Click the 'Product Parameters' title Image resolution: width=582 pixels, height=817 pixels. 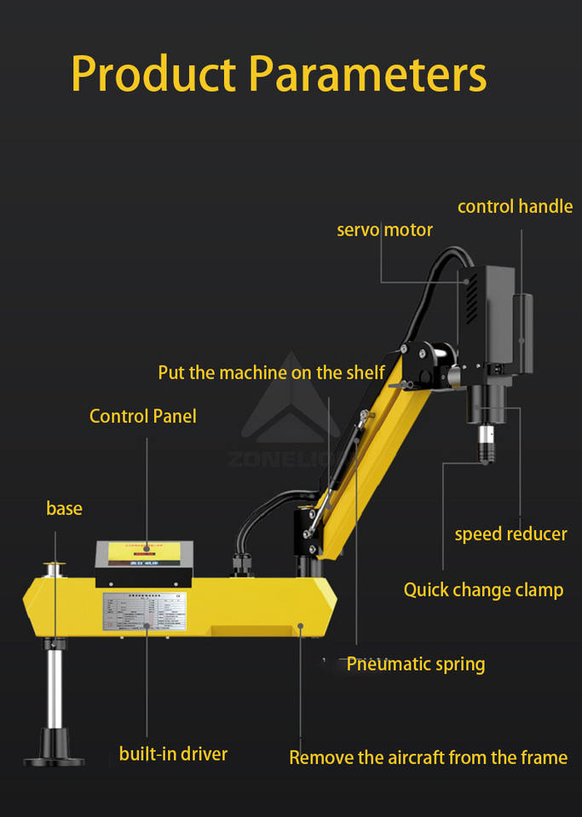[279, 74]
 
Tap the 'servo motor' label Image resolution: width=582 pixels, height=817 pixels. [384, 230]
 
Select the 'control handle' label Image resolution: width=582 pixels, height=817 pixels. [515, 206]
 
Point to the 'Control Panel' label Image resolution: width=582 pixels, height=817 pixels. [143, 416]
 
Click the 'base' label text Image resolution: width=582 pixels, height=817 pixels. [64, 509]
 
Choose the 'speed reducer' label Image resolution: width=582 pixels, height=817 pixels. [510, 534]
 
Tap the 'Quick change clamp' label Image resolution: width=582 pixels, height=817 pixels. [483, 590]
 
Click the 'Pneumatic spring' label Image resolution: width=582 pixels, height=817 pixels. [415, 665]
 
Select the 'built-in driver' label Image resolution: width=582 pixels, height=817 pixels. [173, 753]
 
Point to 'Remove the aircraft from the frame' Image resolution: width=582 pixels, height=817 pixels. [428, 757]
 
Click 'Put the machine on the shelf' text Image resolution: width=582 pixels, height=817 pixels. [271, 373]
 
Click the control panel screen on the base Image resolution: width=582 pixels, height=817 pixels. [145, 553]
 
